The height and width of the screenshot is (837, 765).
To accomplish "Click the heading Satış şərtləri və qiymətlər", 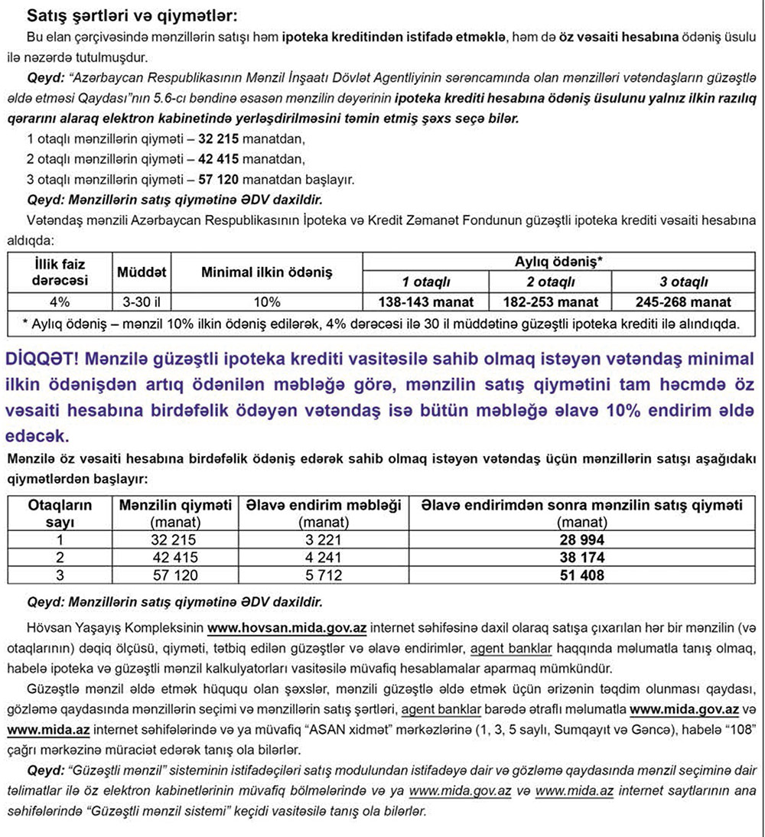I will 132,15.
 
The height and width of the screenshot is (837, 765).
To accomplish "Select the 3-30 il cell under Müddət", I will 142,301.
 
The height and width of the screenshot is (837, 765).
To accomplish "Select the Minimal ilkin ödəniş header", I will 266,272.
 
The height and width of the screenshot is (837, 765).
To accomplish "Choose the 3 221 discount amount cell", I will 323,539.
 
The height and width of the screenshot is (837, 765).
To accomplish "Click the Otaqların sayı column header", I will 60,513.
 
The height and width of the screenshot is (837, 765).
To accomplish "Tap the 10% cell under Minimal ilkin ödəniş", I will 266,301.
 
